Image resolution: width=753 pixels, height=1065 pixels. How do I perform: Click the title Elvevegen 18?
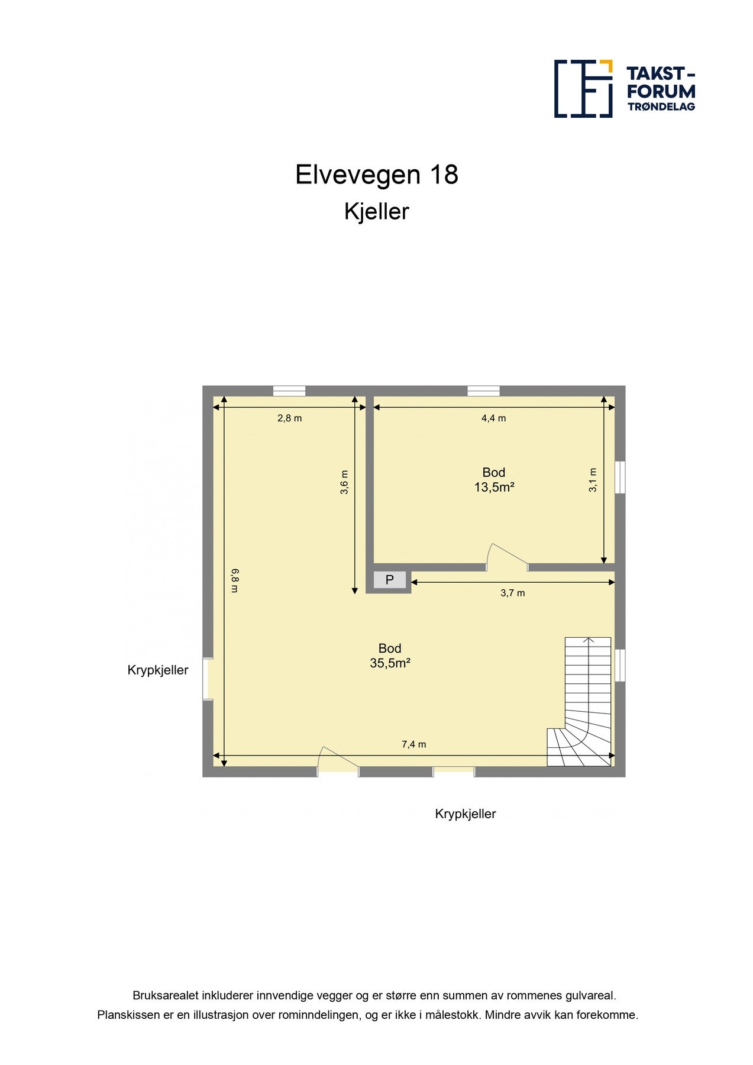tap(376, 175)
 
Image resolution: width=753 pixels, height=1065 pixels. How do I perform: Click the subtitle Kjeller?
tap(376, 212)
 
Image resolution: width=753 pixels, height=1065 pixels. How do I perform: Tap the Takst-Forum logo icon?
tap(583, 89)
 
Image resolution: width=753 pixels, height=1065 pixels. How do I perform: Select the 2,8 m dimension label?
tap(289, 418)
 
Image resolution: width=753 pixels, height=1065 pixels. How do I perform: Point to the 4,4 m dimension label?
tap(493, 418)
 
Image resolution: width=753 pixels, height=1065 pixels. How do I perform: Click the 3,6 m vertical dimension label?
tap(344, 482)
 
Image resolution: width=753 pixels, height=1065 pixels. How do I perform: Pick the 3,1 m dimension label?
tap(593, 480)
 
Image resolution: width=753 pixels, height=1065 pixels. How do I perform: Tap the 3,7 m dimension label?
tap(512, 593)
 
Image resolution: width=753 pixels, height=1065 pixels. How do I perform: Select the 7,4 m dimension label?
tap(413, 744)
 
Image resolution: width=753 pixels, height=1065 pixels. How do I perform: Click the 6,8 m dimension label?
tap(235, 580)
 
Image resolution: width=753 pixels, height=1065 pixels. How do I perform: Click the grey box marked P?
tap(389, 580)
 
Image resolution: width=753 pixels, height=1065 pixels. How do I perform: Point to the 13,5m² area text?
tap(493, 488)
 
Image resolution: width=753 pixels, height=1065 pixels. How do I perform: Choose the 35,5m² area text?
tap(390, 663)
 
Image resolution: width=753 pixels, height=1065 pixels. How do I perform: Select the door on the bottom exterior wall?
tap(338, 763)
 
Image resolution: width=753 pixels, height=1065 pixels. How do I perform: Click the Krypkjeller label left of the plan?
tap(157, 670)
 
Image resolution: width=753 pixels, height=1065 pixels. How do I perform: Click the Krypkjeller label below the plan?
tap(465, 814)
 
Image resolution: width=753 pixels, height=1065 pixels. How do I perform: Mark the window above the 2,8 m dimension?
tap(289, 390)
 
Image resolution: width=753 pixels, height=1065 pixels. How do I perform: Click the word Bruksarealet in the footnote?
tap(166, 996)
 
